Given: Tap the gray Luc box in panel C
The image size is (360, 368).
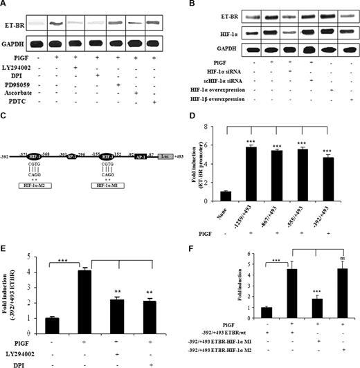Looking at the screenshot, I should click(165, 158).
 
